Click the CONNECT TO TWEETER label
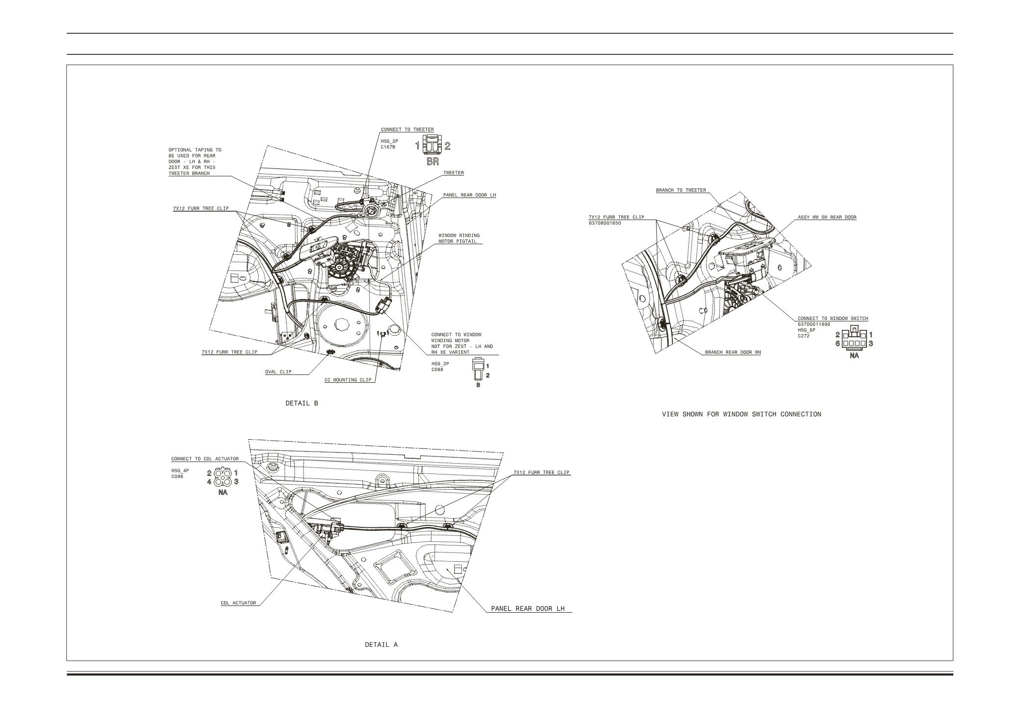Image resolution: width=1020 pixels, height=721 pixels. [407, 130]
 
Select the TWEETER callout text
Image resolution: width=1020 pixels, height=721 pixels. [453, 173]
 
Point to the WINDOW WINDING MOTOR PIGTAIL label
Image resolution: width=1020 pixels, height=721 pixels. [459, 238]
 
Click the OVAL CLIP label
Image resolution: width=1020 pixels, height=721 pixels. [278, 372]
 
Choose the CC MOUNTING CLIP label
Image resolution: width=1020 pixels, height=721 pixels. [348, 380]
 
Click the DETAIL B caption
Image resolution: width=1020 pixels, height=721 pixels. [302, 403]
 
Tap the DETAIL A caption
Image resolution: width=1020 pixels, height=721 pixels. [381, 645]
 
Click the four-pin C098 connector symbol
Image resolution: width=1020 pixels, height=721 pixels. [223, 477]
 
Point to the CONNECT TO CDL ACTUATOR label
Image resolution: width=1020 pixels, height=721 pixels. [204, 459]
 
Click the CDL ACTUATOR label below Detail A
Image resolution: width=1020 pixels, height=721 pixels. [238, 603]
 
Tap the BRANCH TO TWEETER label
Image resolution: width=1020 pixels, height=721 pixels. [681, 190]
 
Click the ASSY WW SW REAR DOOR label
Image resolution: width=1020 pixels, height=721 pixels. [827, 217]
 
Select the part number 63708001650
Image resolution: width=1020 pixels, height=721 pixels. [605, 223]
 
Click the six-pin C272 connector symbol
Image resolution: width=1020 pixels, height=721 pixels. [854, 339]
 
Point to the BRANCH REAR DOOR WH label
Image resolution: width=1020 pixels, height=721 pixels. [733, 352]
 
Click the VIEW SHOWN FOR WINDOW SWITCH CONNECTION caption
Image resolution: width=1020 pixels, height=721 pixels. [741, 414]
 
